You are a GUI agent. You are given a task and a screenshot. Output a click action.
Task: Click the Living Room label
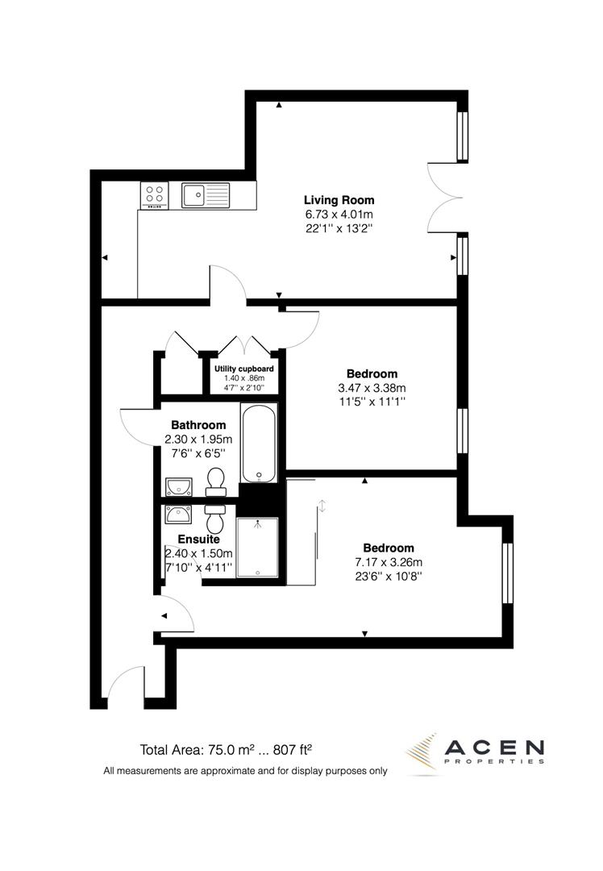click(339, 200)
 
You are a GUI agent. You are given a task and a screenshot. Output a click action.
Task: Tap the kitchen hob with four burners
click(155, 194)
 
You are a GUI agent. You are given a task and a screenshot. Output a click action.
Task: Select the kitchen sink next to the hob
click(205, 194)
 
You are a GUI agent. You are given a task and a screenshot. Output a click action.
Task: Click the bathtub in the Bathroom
click(260, 443)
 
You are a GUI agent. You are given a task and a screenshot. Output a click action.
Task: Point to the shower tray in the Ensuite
click(257, 547)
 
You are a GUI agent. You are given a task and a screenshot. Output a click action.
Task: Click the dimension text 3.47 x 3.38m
click(372, 388)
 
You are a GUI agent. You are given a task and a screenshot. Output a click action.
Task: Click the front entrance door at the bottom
click(125, 687)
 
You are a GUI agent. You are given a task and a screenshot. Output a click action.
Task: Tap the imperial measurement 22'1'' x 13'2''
click(339, 229)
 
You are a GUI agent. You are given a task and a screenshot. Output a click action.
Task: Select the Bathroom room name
click(198, 425)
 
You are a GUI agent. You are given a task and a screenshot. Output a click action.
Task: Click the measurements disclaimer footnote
click(245, 771)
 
